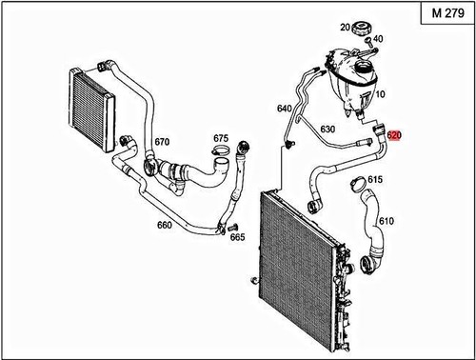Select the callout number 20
[345, 29]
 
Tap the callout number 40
[378, 39]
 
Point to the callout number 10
[380, 95]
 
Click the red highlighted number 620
[395, 136]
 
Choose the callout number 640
[284, 109]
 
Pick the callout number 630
[327, 129]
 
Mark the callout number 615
[375, 180]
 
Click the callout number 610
[386, 221]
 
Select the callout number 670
[162, 142]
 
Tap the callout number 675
[221, 138]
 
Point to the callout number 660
[164, 226]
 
